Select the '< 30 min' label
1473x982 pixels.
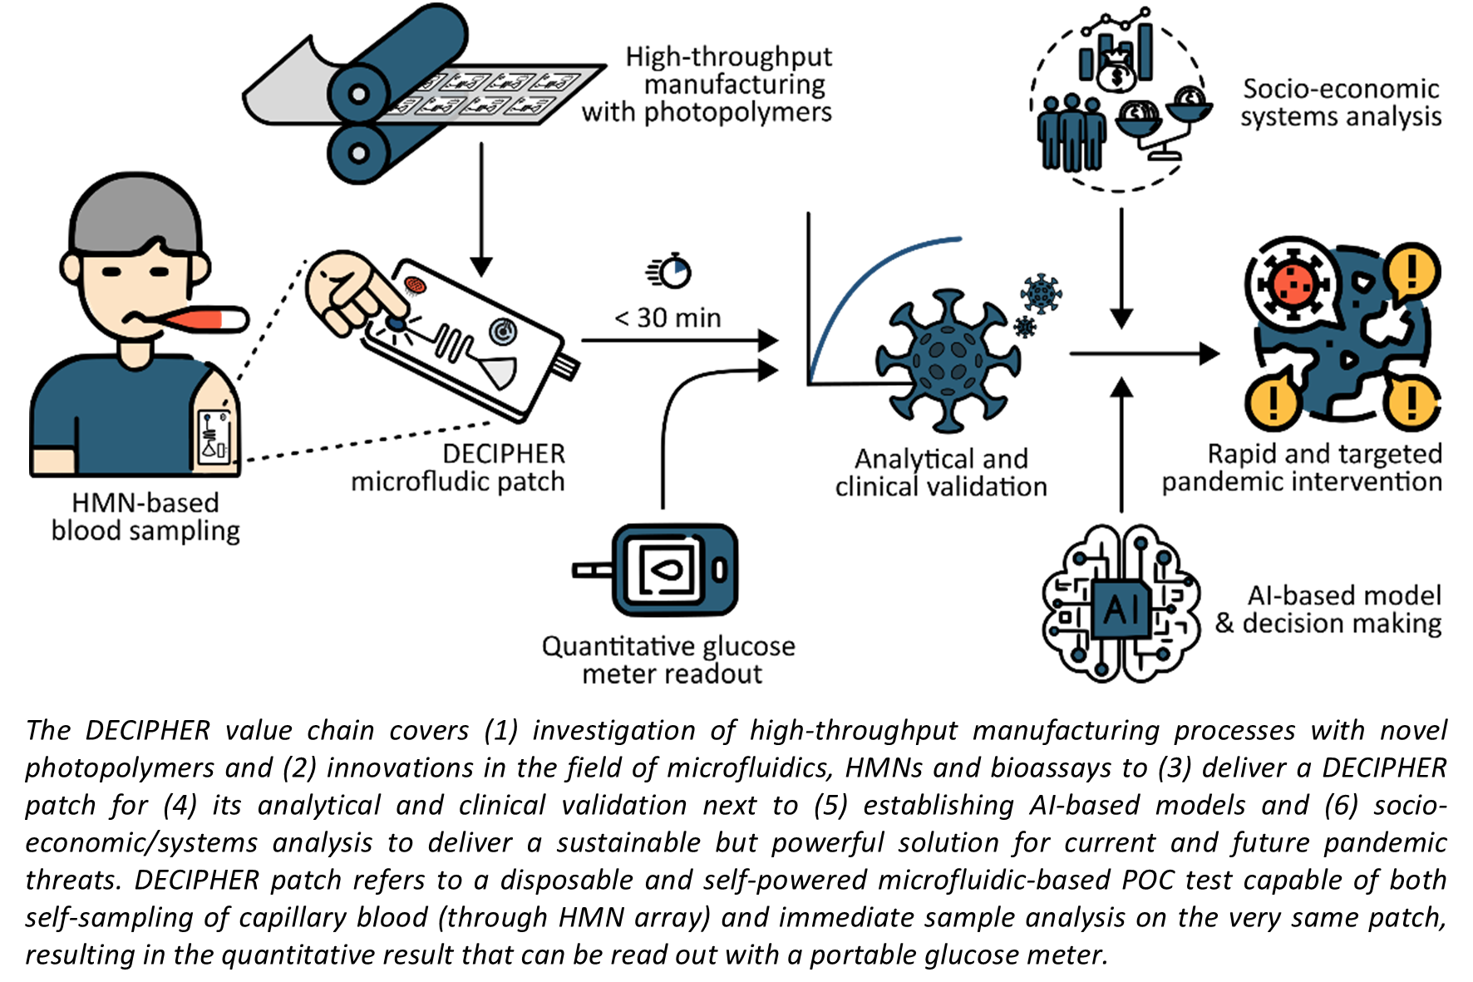[x=668, y=318]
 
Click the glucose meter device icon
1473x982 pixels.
[x=657, y=570]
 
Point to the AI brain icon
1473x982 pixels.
[x=1121, y=604]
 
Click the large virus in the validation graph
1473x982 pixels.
[x=948, y=361]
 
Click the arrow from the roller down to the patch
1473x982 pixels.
[x=481, y=209]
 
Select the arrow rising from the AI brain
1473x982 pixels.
[x=1121, y=444]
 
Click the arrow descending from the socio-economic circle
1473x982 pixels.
[x=1121, y=269]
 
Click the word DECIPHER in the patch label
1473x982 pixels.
[x=504, y=454]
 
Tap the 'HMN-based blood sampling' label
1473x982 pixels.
[x=145, y=516]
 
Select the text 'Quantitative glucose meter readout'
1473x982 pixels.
[x=668, y=659]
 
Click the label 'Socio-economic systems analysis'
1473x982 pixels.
[x=1341, y=102]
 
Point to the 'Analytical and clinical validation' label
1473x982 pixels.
[x=941, y=472]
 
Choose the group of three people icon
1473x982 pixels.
[x=1071, y=131]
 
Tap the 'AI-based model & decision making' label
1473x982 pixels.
[x=1328, y=609]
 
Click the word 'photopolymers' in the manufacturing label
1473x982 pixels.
[x=738, y=111]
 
